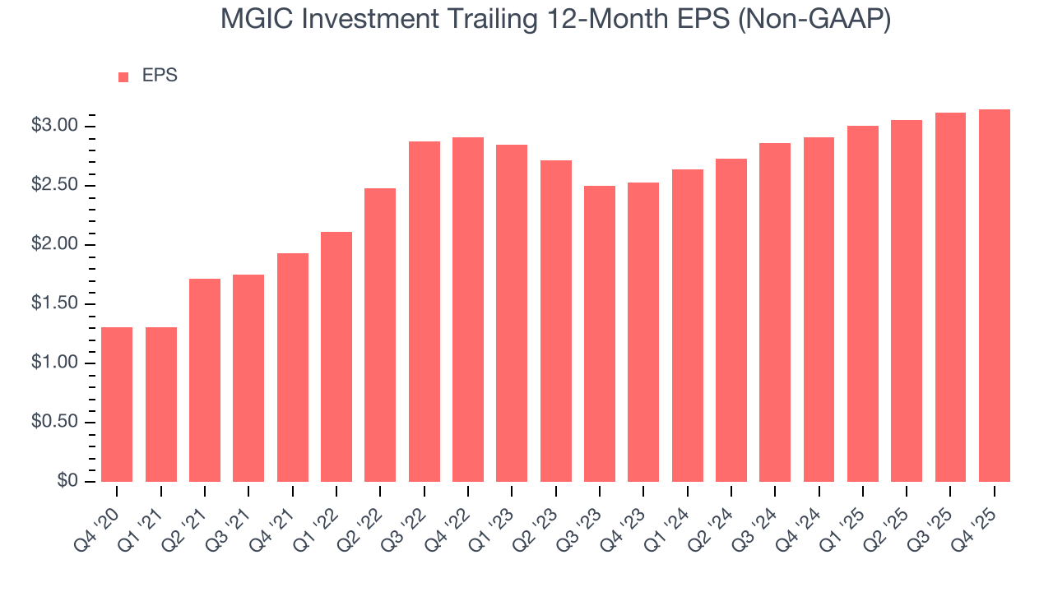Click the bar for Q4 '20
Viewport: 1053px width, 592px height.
117,405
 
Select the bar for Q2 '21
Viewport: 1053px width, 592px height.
205,380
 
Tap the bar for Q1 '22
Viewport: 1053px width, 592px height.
336,357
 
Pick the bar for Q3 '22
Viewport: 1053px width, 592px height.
424,312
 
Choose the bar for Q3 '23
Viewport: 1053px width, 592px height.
600,334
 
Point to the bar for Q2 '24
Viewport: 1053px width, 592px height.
731,320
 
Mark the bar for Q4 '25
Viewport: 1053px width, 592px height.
995,295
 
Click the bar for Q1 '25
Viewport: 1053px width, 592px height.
863,303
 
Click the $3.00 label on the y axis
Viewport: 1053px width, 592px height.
54,126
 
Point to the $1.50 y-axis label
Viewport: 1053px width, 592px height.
54,304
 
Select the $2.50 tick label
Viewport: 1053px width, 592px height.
54,186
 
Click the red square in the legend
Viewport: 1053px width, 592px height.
123,76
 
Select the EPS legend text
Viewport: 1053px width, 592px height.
160,76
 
